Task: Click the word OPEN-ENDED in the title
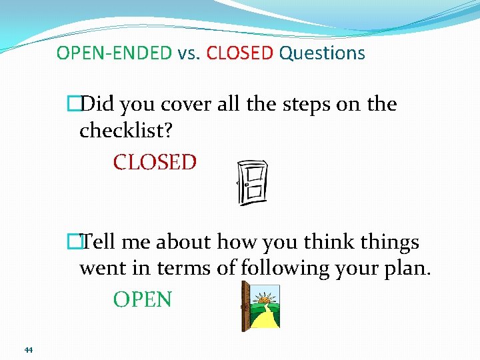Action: pos(114,53)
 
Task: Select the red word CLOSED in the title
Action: pos(240,53)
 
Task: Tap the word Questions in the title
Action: pos(322,53)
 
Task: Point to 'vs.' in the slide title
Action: pos(189,53)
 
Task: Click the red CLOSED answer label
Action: pos(155,162)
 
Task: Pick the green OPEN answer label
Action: pos(142,300)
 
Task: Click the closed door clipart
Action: pos(253,182)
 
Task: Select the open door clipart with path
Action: pos(260,306)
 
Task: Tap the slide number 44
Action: pos(28,350)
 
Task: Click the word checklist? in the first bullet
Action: pos(126,131)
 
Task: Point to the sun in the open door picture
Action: pos(267,295)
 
